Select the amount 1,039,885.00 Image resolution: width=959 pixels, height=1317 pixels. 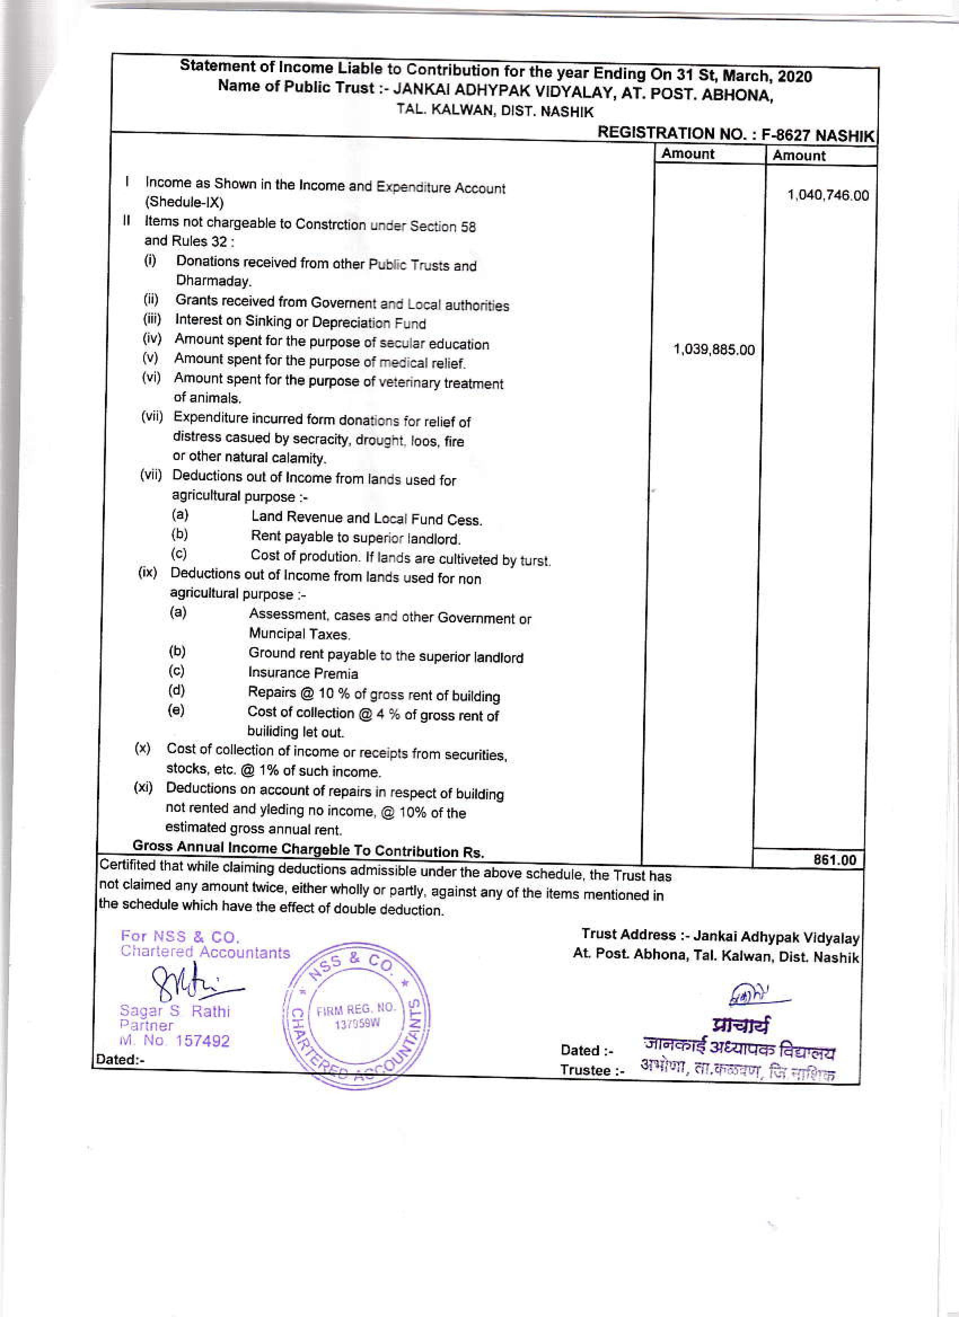713,350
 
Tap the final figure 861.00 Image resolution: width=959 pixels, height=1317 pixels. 835,860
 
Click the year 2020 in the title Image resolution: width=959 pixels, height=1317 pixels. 795,77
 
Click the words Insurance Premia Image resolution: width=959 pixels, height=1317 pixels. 303,673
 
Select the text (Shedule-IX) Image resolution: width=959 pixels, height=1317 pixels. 184,202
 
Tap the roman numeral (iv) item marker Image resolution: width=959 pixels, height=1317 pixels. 152,339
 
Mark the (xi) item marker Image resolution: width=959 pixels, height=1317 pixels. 143,787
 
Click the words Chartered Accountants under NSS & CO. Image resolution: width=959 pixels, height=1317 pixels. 205,953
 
